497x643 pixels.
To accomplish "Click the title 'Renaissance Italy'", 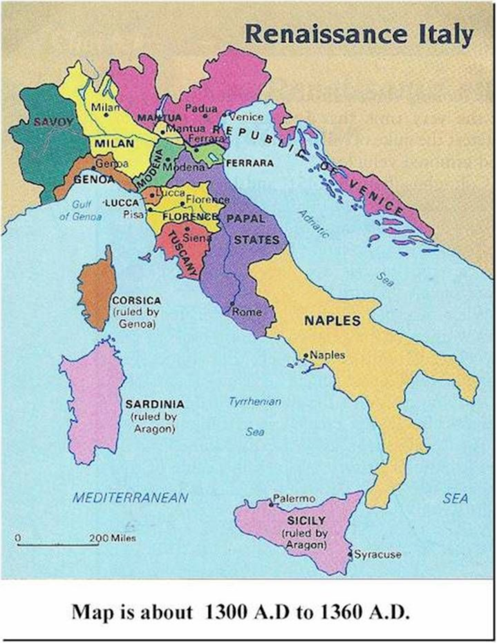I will pos(359,32).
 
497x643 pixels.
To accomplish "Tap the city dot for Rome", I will pos(232,304).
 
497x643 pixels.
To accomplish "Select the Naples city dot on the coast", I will pos(306,356).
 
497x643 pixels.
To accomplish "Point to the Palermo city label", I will pos(294,497).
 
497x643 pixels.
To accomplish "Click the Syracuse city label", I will pos(377,554).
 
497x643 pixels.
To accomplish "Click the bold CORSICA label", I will pos(136,301).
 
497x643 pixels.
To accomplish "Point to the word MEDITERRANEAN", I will pos(131,497).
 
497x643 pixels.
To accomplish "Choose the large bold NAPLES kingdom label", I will pos(332,320).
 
